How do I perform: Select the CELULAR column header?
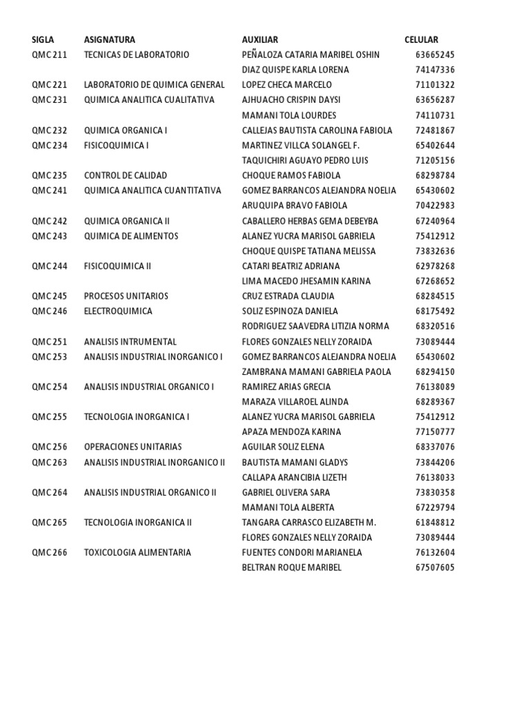tap(421, 40)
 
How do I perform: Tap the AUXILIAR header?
tap(260, 40)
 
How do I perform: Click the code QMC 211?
tap(50, 55)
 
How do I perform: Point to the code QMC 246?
tap(50, 311)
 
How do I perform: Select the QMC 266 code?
tap(50, 553)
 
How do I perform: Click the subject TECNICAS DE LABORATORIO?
tap(137, 55)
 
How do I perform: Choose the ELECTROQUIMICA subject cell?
tap(118, 311)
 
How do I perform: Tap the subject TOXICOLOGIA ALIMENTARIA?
tap(137, 553)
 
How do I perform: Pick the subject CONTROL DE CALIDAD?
tap(126, 175)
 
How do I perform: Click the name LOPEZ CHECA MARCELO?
tap(287, 85)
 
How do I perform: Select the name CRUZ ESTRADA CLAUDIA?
tap(288, 296)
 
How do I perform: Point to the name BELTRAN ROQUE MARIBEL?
tap(292, 568)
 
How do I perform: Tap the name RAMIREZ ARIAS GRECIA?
tap(286, 387)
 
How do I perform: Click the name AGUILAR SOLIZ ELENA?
tap(284, 447)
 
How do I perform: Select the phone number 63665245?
tap(435, 55)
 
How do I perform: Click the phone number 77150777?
tap(435, 432)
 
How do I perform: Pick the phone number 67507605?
tap(435, 568)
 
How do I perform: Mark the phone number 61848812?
tap(435, 523)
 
